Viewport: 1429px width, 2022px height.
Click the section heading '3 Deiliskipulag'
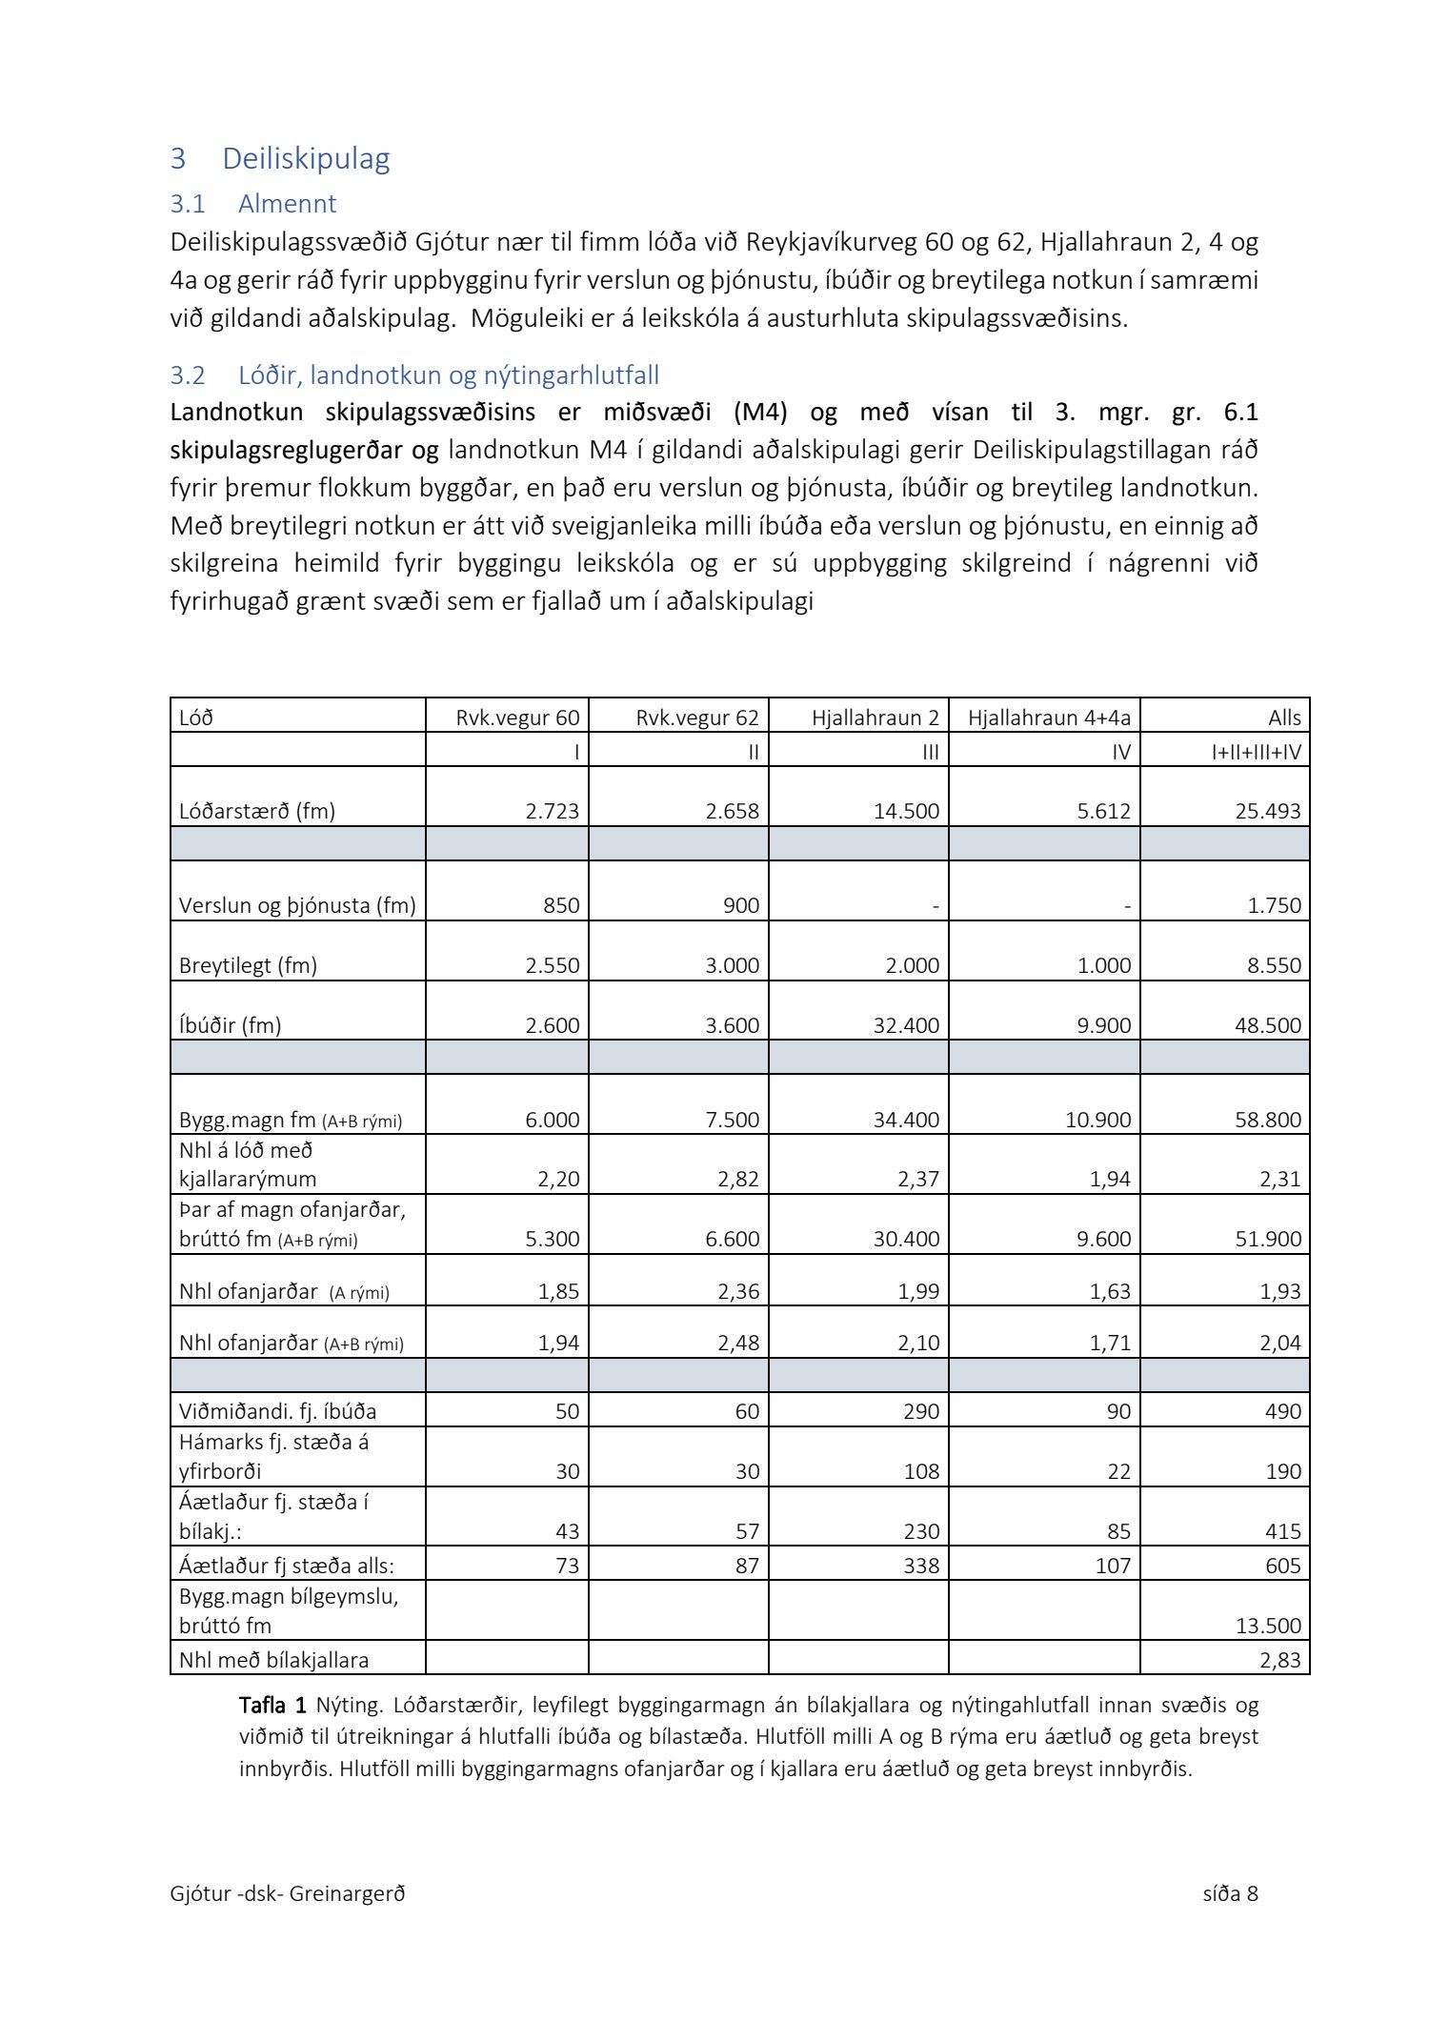tap(280, 159)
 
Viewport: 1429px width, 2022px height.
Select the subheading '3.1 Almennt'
tap(253, 204)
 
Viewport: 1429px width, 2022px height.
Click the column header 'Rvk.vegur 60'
tap(517, 718)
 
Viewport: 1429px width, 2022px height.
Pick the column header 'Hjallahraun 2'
tap(875, 718)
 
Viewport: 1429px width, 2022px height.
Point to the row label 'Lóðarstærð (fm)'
tap(257, 811)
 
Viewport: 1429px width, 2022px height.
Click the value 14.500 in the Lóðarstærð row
tap(908, 811)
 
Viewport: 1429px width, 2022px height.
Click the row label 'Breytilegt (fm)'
tap(248, 965)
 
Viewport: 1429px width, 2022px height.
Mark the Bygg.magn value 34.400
tap(906, 1120)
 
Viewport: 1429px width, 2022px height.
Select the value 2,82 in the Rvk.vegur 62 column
tap(738, 1179)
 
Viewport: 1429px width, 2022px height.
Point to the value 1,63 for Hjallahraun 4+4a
tap(1110, 1292)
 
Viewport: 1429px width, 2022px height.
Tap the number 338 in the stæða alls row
tap(921, 1566)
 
